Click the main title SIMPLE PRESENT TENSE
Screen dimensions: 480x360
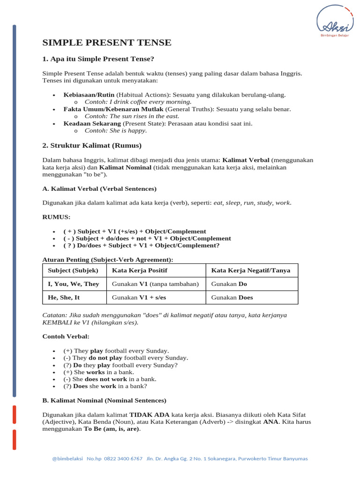coord(107,43)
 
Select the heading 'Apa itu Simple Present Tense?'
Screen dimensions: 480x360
coord(98,59)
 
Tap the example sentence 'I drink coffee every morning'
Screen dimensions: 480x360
coord(138,102)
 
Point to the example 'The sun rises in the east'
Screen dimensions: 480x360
coord(132,116)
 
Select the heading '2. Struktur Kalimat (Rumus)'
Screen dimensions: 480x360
coord(92,145)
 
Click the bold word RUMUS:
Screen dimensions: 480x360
coord(56,217)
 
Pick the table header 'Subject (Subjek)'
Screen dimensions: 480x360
coord(73,270)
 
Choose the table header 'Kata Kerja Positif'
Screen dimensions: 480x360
coord(139,270)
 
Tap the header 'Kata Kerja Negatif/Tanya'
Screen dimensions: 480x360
coord(251,270)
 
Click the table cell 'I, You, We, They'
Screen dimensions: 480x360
coord(73,284)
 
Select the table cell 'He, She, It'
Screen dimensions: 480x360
coord(64,297)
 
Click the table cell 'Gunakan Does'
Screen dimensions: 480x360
coord(232,297)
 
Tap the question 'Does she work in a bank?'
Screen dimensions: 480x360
coord(105,386)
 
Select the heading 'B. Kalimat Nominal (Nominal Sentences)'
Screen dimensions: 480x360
coord(105,401)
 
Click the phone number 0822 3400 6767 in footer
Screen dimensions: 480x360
coord(123,459)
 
